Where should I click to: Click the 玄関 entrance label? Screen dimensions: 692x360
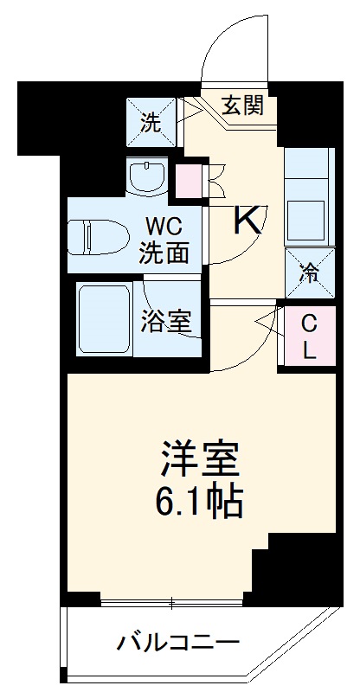click(241, 106)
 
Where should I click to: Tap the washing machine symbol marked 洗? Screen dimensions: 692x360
click(151, 122)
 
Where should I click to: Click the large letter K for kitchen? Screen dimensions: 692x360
click(248, 221)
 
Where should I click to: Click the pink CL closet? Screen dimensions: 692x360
click(308, 335)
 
